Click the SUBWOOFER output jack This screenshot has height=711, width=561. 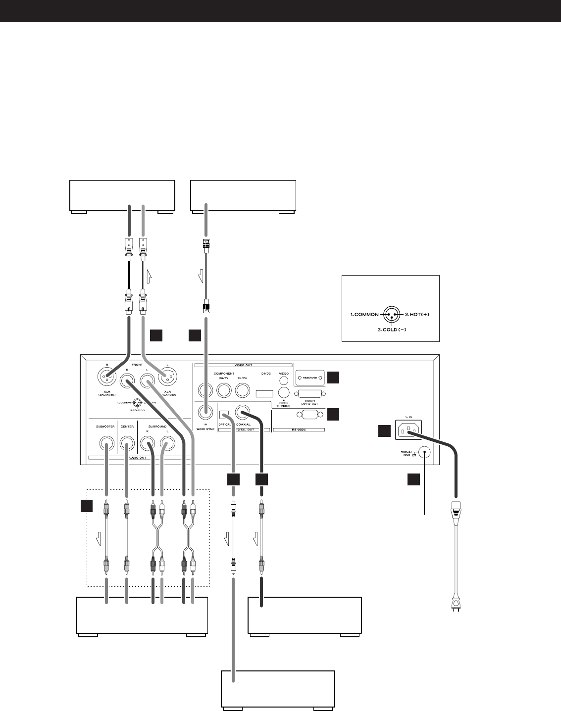[x=107, y=442]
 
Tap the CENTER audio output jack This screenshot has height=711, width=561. [x=128, y=442]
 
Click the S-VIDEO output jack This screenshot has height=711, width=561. [x=284, y=392]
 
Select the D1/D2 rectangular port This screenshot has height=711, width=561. [x=264, y=394]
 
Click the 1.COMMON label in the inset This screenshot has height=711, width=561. [x=365, y=314]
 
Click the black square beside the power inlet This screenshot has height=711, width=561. [x=384, y=431]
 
